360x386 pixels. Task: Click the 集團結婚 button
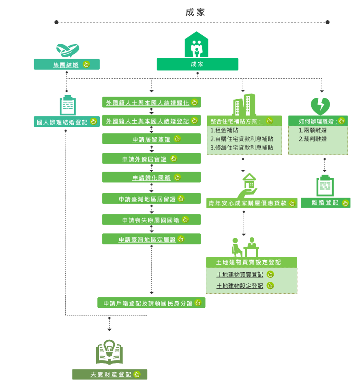point(66,64)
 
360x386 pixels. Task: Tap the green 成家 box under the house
point(197,64)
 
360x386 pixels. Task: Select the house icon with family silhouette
point(197,45)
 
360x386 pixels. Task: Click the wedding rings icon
point(67,49)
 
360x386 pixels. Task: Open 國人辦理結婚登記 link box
point(66,122)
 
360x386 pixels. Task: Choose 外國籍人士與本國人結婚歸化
point(151,102)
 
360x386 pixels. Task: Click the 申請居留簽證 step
point(151,139)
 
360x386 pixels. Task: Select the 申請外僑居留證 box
point(151,159)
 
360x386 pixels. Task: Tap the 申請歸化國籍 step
point(151,177)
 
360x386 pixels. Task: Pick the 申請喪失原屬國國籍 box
point(151,220)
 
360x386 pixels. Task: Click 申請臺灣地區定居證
point(151,239)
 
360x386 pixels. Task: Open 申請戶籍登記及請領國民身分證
point(151,303)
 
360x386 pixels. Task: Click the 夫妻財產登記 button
point(110,375)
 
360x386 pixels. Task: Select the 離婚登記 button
point(325,203)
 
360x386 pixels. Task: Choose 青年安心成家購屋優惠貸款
point(252,203)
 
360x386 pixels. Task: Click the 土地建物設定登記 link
point(240,286)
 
